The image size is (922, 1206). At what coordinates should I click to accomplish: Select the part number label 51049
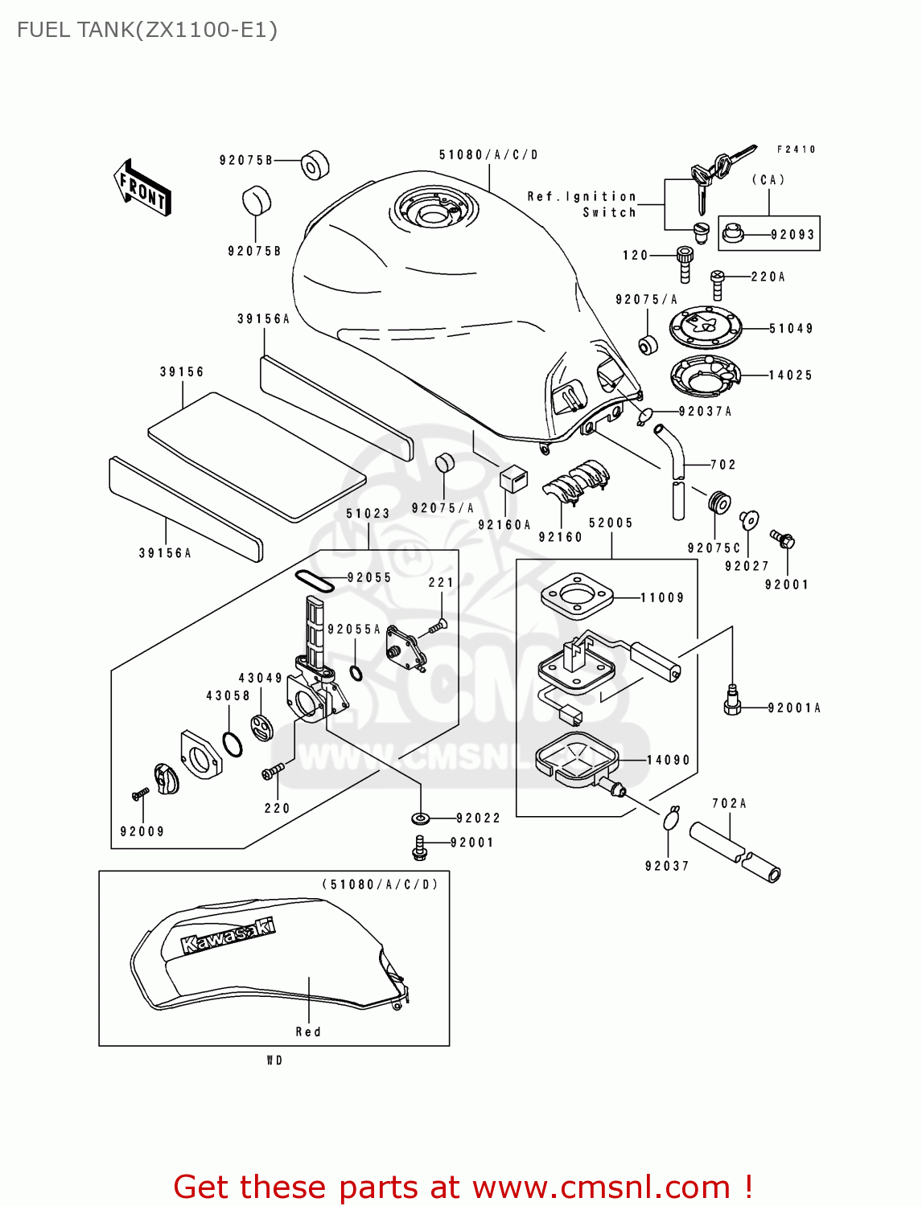(x=791, y=328)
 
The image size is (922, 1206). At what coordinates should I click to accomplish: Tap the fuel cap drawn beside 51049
(x=706, y=328)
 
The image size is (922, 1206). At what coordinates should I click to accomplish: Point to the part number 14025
(x=790, y=375)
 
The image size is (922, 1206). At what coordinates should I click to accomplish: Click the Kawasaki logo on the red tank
(x=228, y=936)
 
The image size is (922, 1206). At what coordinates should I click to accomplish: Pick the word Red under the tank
(x=308, y=1032)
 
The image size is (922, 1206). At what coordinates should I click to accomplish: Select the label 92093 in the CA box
(x=792, y=235)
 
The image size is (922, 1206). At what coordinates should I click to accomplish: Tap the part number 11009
(x=662, y=597)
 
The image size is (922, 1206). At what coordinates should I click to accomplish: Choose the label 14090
(x=668, y=760)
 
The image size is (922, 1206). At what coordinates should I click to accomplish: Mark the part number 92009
(x=142, y=831)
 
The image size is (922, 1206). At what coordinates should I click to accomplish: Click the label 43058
(x=228, y=695)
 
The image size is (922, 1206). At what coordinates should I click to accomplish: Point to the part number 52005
(x=611, y=523)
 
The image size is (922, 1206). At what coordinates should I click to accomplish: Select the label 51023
(x=368, y=513)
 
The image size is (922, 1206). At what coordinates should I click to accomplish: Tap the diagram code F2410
(x=796, y=150)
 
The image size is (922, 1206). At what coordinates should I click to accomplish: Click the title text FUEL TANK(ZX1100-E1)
(x=147, y=30)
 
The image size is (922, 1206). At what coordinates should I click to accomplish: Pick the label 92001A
(x=794, y=708)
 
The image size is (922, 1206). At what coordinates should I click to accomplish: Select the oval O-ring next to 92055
(x=314, y=580)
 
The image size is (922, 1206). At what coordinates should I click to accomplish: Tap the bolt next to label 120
(x=685, y=264)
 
